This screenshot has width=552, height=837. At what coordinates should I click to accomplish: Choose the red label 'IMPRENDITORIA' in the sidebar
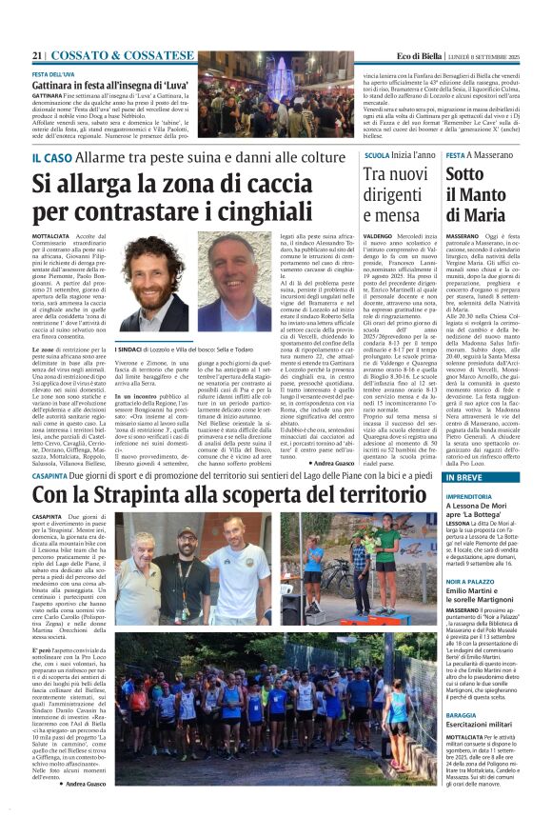point(472,496)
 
